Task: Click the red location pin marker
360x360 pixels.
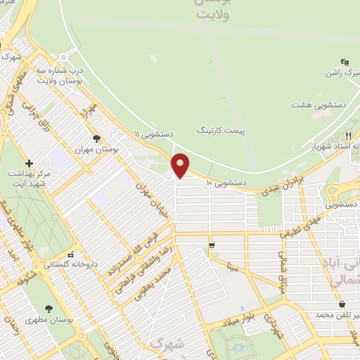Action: point(181,166)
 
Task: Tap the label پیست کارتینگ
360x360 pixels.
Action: point(219,130)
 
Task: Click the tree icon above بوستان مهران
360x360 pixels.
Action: point(96,139)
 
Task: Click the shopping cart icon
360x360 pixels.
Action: point(212,245)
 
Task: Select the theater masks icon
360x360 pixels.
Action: point(344,62)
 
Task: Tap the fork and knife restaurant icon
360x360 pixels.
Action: point(348,134)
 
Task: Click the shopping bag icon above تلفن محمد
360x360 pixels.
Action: point(342,304)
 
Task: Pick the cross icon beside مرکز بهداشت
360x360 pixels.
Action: point(29,162)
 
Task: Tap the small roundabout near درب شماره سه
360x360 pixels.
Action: point(64,56)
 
